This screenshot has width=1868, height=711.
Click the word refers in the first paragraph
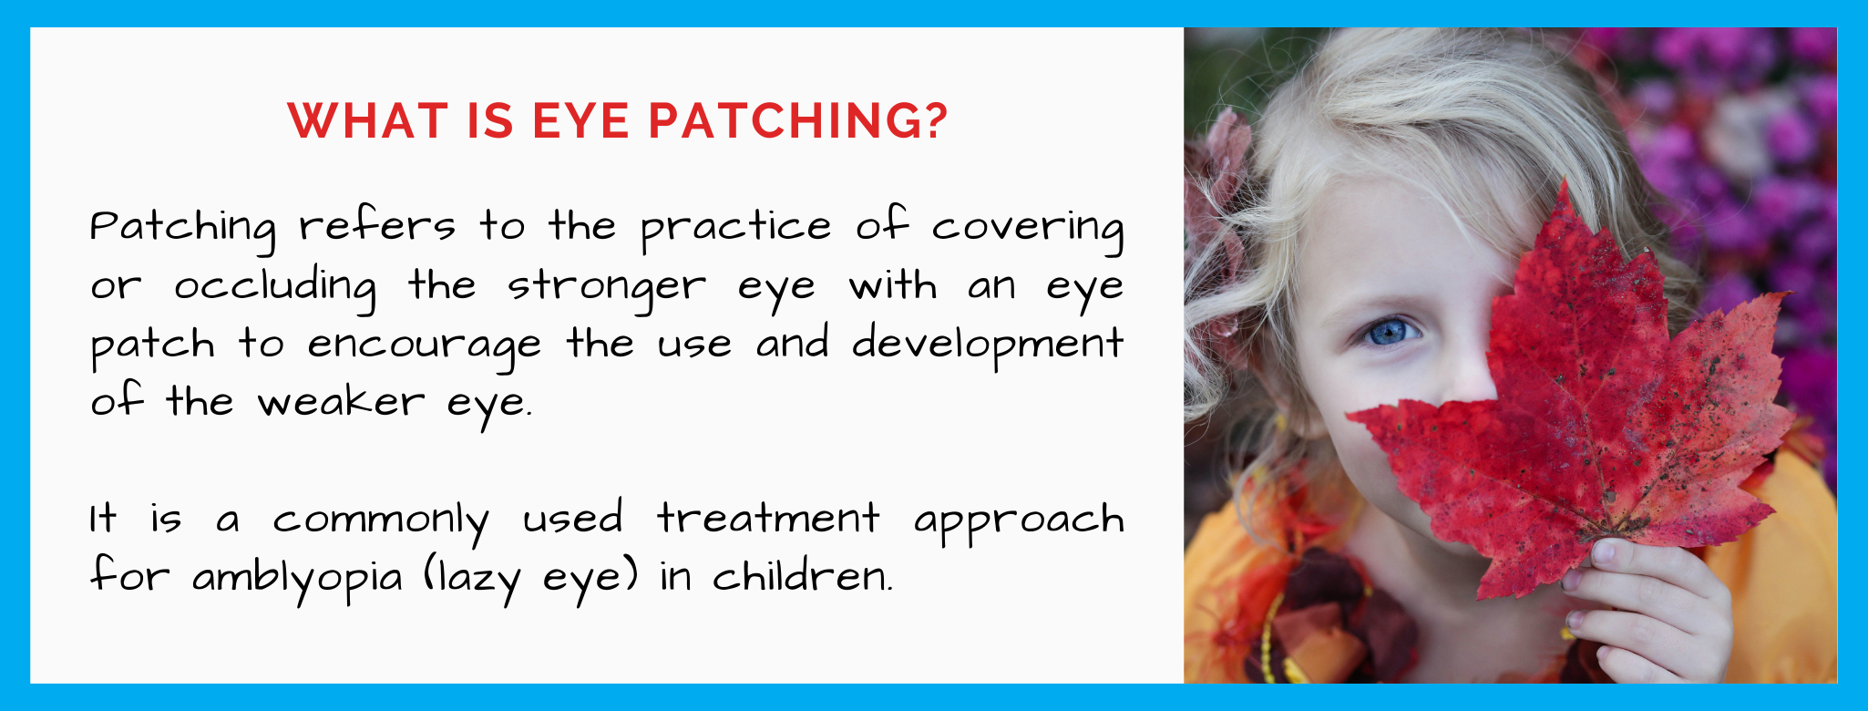[376, 226]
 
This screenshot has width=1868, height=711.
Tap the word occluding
[274, 286]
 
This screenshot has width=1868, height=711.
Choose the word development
[987, 345]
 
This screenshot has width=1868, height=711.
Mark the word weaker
[341, 402]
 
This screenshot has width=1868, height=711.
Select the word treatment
[768, 518]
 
